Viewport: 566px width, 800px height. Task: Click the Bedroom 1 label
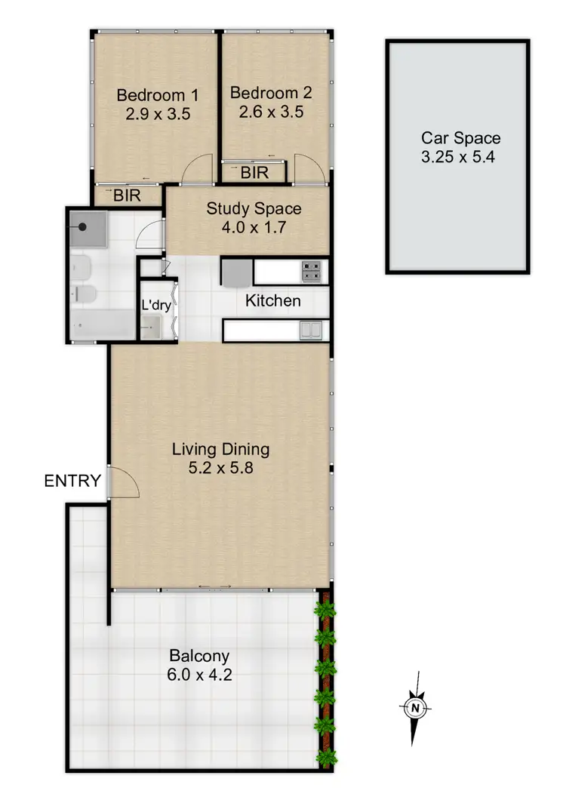click(157, 96)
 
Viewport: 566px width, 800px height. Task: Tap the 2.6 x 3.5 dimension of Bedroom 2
click(270, 112)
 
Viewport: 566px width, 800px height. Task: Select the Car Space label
click(460, 138)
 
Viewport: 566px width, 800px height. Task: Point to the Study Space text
click(254, 209)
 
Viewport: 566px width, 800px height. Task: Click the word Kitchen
click(273, 301)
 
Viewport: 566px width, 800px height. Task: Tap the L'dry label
click(156, 306)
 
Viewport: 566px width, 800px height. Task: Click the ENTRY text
click(72, 481)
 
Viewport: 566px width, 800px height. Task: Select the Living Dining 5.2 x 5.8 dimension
click(220, 468)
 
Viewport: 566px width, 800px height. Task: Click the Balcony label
click(199, 655)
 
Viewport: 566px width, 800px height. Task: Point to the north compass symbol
click(414, 707)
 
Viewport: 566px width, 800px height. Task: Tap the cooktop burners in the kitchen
click(312, 270)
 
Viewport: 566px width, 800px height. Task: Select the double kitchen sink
click(310, 329)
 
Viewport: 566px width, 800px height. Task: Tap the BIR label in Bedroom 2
click(254, 173)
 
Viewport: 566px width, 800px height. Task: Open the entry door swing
click(125, 483)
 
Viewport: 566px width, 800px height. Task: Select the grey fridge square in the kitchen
click(237, 270)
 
